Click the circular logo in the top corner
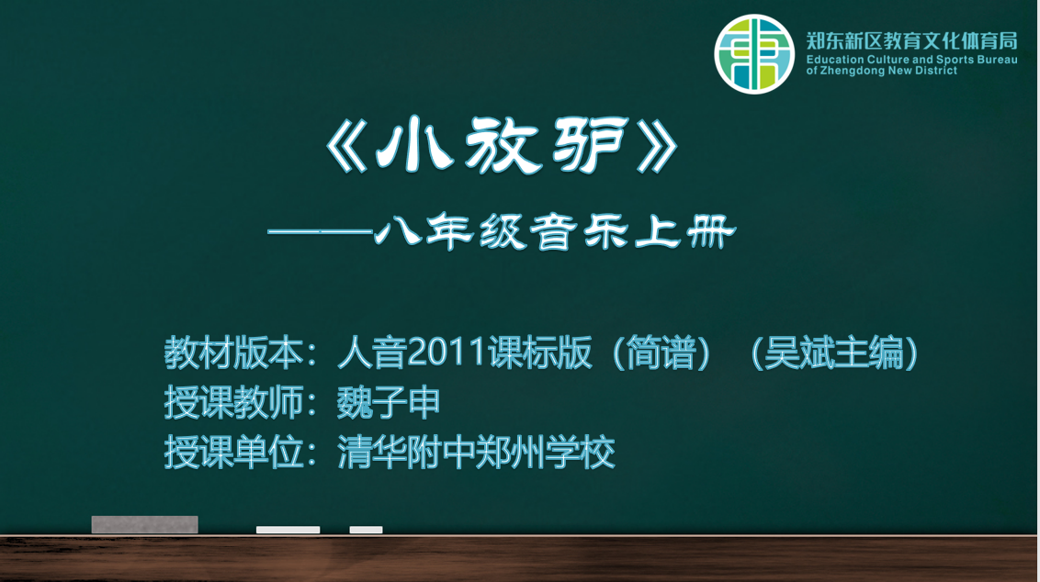click(754, 53)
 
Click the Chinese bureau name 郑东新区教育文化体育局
click(912, 40)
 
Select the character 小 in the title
click(414, 144)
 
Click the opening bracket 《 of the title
click(346, 146)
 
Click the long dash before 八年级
click(320, 232)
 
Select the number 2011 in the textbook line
click(447, 352)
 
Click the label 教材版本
click(233, 352)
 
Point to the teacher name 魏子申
click(389, 402)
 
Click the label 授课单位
click(233, 452)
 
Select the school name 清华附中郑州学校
click(476, 452)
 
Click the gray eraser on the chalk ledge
click(144, 524)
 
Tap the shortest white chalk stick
click(367, 530)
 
